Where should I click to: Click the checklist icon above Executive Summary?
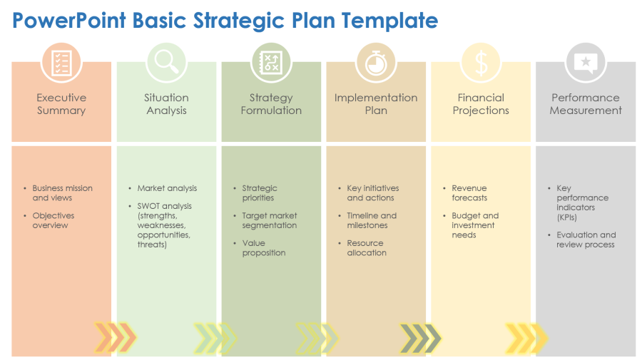click(61, 63)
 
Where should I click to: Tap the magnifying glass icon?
click(166, 62)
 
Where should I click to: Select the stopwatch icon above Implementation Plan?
click(376, 63)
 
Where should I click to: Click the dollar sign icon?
click(481, 63)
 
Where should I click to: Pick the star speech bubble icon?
click(586, 63)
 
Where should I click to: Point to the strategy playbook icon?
click(271, 63)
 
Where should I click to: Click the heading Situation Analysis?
click(166, 104)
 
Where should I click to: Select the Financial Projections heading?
click(481, 104)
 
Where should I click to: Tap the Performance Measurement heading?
click(586, 104)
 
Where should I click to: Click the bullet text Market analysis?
click(167, 188)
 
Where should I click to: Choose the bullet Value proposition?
click(264, 248)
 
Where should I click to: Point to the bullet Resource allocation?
click(367, 248)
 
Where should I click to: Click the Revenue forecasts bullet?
click(469, 192)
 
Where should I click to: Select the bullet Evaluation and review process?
click(586, 240)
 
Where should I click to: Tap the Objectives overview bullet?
click(53, 220)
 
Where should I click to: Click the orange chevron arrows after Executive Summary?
click(115, 338)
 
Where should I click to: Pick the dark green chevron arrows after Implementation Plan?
click(420, 339)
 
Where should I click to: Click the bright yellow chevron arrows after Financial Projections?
click(526, 339)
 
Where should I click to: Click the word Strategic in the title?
click(239, 21)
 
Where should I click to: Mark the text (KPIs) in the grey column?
click(566, 217)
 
